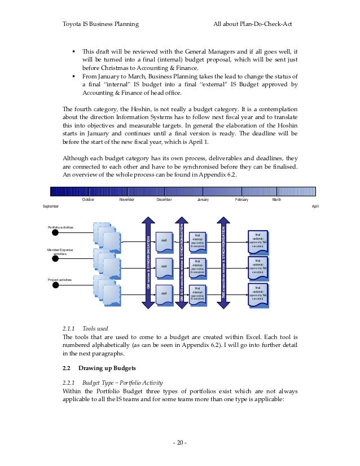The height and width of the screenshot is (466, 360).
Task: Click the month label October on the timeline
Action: tap(88, 200)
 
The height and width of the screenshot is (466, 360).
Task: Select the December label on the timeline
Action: tap(164, 200)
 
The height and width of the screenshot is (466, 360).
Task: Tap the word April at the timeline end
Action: tap(315, 207)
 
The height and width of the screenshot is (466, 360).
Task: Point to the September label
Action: tap(51, 207)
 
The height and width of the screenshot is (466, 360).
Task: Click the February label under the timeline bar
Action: tap(242, 200)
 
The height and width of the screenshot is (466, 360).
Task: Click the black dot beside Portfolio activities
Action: tap(54, 231)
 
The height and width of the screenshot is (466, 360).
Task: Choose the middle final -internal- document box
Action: tap(197, 267)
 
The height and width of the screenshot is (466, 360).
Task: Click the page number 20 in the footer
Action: tap(179, 441)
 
